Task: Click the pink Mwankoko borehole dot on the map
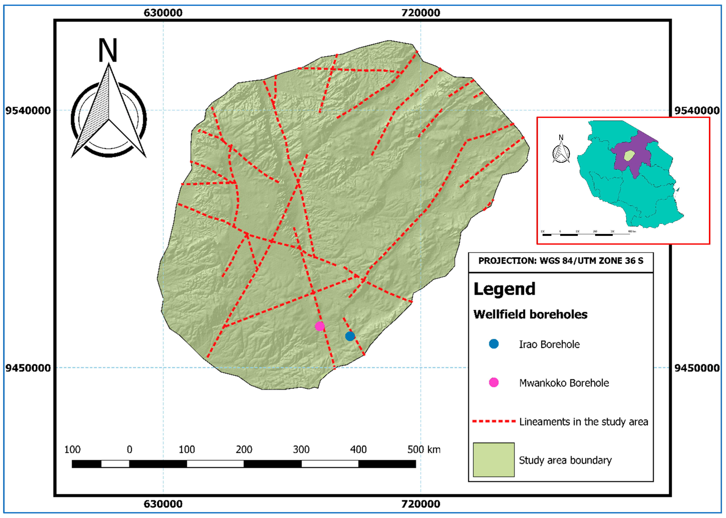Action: coord(320,326)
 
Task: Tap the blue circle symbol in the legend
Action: coord(493,344)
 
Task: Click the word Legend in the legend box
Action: coord(504,289)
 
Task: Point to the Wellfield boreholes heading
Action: coord(530,314)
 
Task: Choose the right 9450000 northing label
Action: coord(697,368)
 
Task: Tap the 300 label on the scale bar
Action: coord(301,449)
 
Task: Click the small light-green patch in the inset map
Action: coord(629,156)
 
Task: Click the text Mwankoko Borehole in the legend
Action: coord(564,383)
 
